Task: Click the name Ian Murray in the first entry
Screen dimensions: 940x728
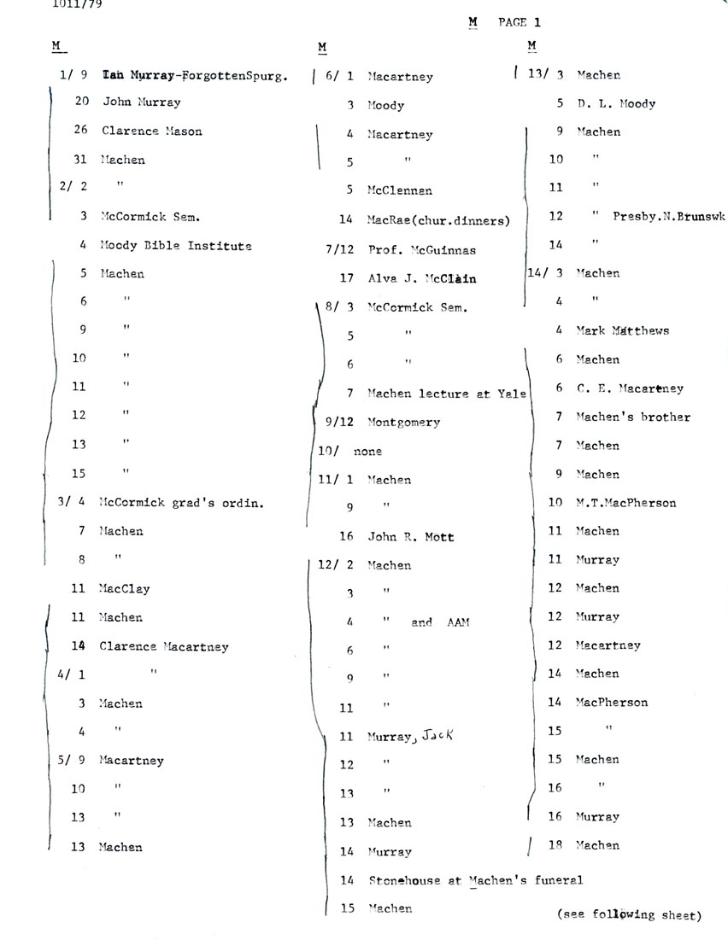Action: point(136,75)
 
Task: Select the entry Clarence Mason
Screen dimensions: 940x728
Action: point(151,131)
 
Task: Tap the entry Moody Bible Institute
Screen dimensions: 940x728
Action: point(175,246)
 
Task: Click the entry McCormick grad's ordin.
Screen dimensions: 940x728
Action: point(181,503)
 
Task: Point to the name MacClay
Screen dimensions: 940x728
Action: point(124,588)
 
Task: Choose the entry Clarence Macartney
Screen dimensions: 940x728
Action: point(163,646)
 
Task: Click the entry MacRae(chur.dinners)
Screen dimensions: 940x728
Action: point(438,220)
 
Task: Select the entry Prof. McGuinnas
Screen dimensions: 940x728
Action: point(421,250)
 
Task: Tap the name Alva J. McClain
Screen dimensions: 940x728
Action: point(421,278)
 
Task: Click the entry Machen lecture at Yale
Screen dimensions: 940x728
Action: point(447,394)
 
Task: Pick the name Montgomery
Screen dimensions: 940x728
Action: point(403,423)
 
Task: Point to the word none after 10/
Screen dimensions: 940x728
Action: point(367,451)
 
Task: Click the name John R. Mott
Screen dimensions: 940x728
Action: point(410,537)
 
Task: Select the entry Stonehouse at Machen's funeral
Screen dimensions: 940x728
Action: point(475,880)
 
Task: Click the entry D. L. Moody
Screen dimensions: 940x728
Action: point(616,104)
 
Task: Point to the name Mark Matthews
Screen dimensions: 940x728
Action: point(622,330)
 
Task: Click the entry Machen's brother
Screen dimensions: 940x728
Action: point(632,417)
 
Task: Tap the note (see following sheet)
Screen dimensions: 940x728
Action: point(628,914)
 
